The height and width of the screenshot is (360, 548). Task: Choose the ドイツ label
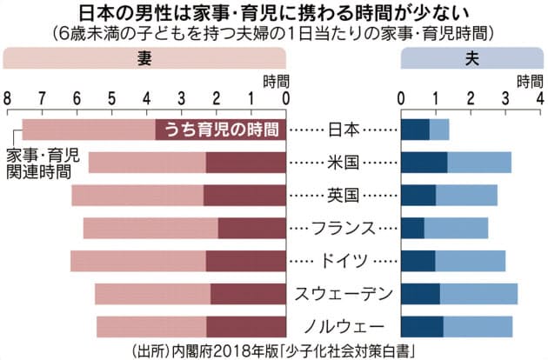pyautogui.click(x=343, y=260)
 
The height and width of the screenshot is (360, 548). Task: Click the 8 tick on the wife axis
pyautogui.click(x=8, y=97)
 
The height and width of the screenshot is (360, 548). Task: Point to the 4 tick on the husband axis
pyautogui.click(x=540, y=97)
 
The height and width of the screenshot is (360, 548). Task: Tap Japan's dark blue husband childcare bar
pyautogui.click(x=415, y=130)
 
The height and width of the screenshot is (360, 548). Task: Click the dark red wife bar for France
pyautogui.click(x=251, y=228)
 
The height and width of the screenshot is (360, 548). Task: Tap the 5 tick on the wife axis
pyautogui.click(x=111, y=97)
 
